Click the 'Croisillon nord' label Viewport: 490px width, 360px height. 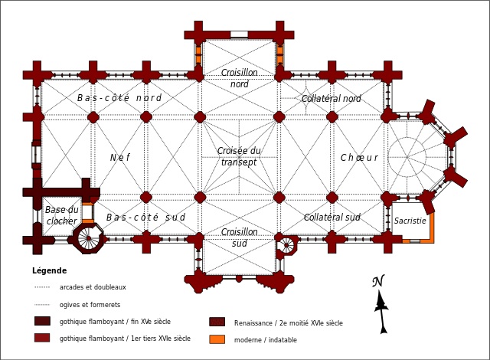(x=239, y=78)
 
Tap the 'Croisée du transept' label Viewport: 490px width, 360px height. (x=239, y=156)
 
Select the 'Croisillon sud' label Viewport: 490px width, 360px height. (x=239, y=237)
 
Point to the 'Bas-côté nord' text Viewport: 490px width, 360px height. (x=119, y=98)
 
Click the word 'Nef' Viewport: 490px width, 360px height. (x=119, y=158)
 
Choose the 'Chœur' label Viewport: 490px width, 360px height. (x=359, y=158)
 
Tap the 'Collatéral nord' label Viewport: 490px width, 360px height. (x=331, y=99)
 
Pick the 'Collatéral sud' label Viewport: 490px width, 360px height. (x=332, y=218)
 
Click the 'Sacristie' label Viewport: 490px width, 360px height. (x=410, y=221)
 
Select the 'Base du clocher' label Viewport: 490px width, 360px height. (x=61, y=215)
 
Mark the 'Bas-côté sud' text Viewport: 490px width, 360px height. (x=145, y=218)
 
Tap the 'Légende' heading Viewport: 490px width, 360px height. (x=49, y=270)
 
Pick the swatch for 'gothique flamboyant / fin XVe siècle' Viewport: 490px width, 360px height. (x=42, y=321)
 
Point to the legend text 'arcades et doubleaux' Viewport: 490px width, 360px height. (x=93, y=287)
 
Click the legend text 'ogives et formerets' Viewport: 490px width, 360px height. (x=90, y=305)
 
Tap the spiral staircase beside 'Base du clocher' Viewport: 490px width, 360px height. (x=87, y=238)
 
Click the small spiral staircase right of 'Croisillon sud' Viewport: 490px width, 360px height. (x=286, y=245)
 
